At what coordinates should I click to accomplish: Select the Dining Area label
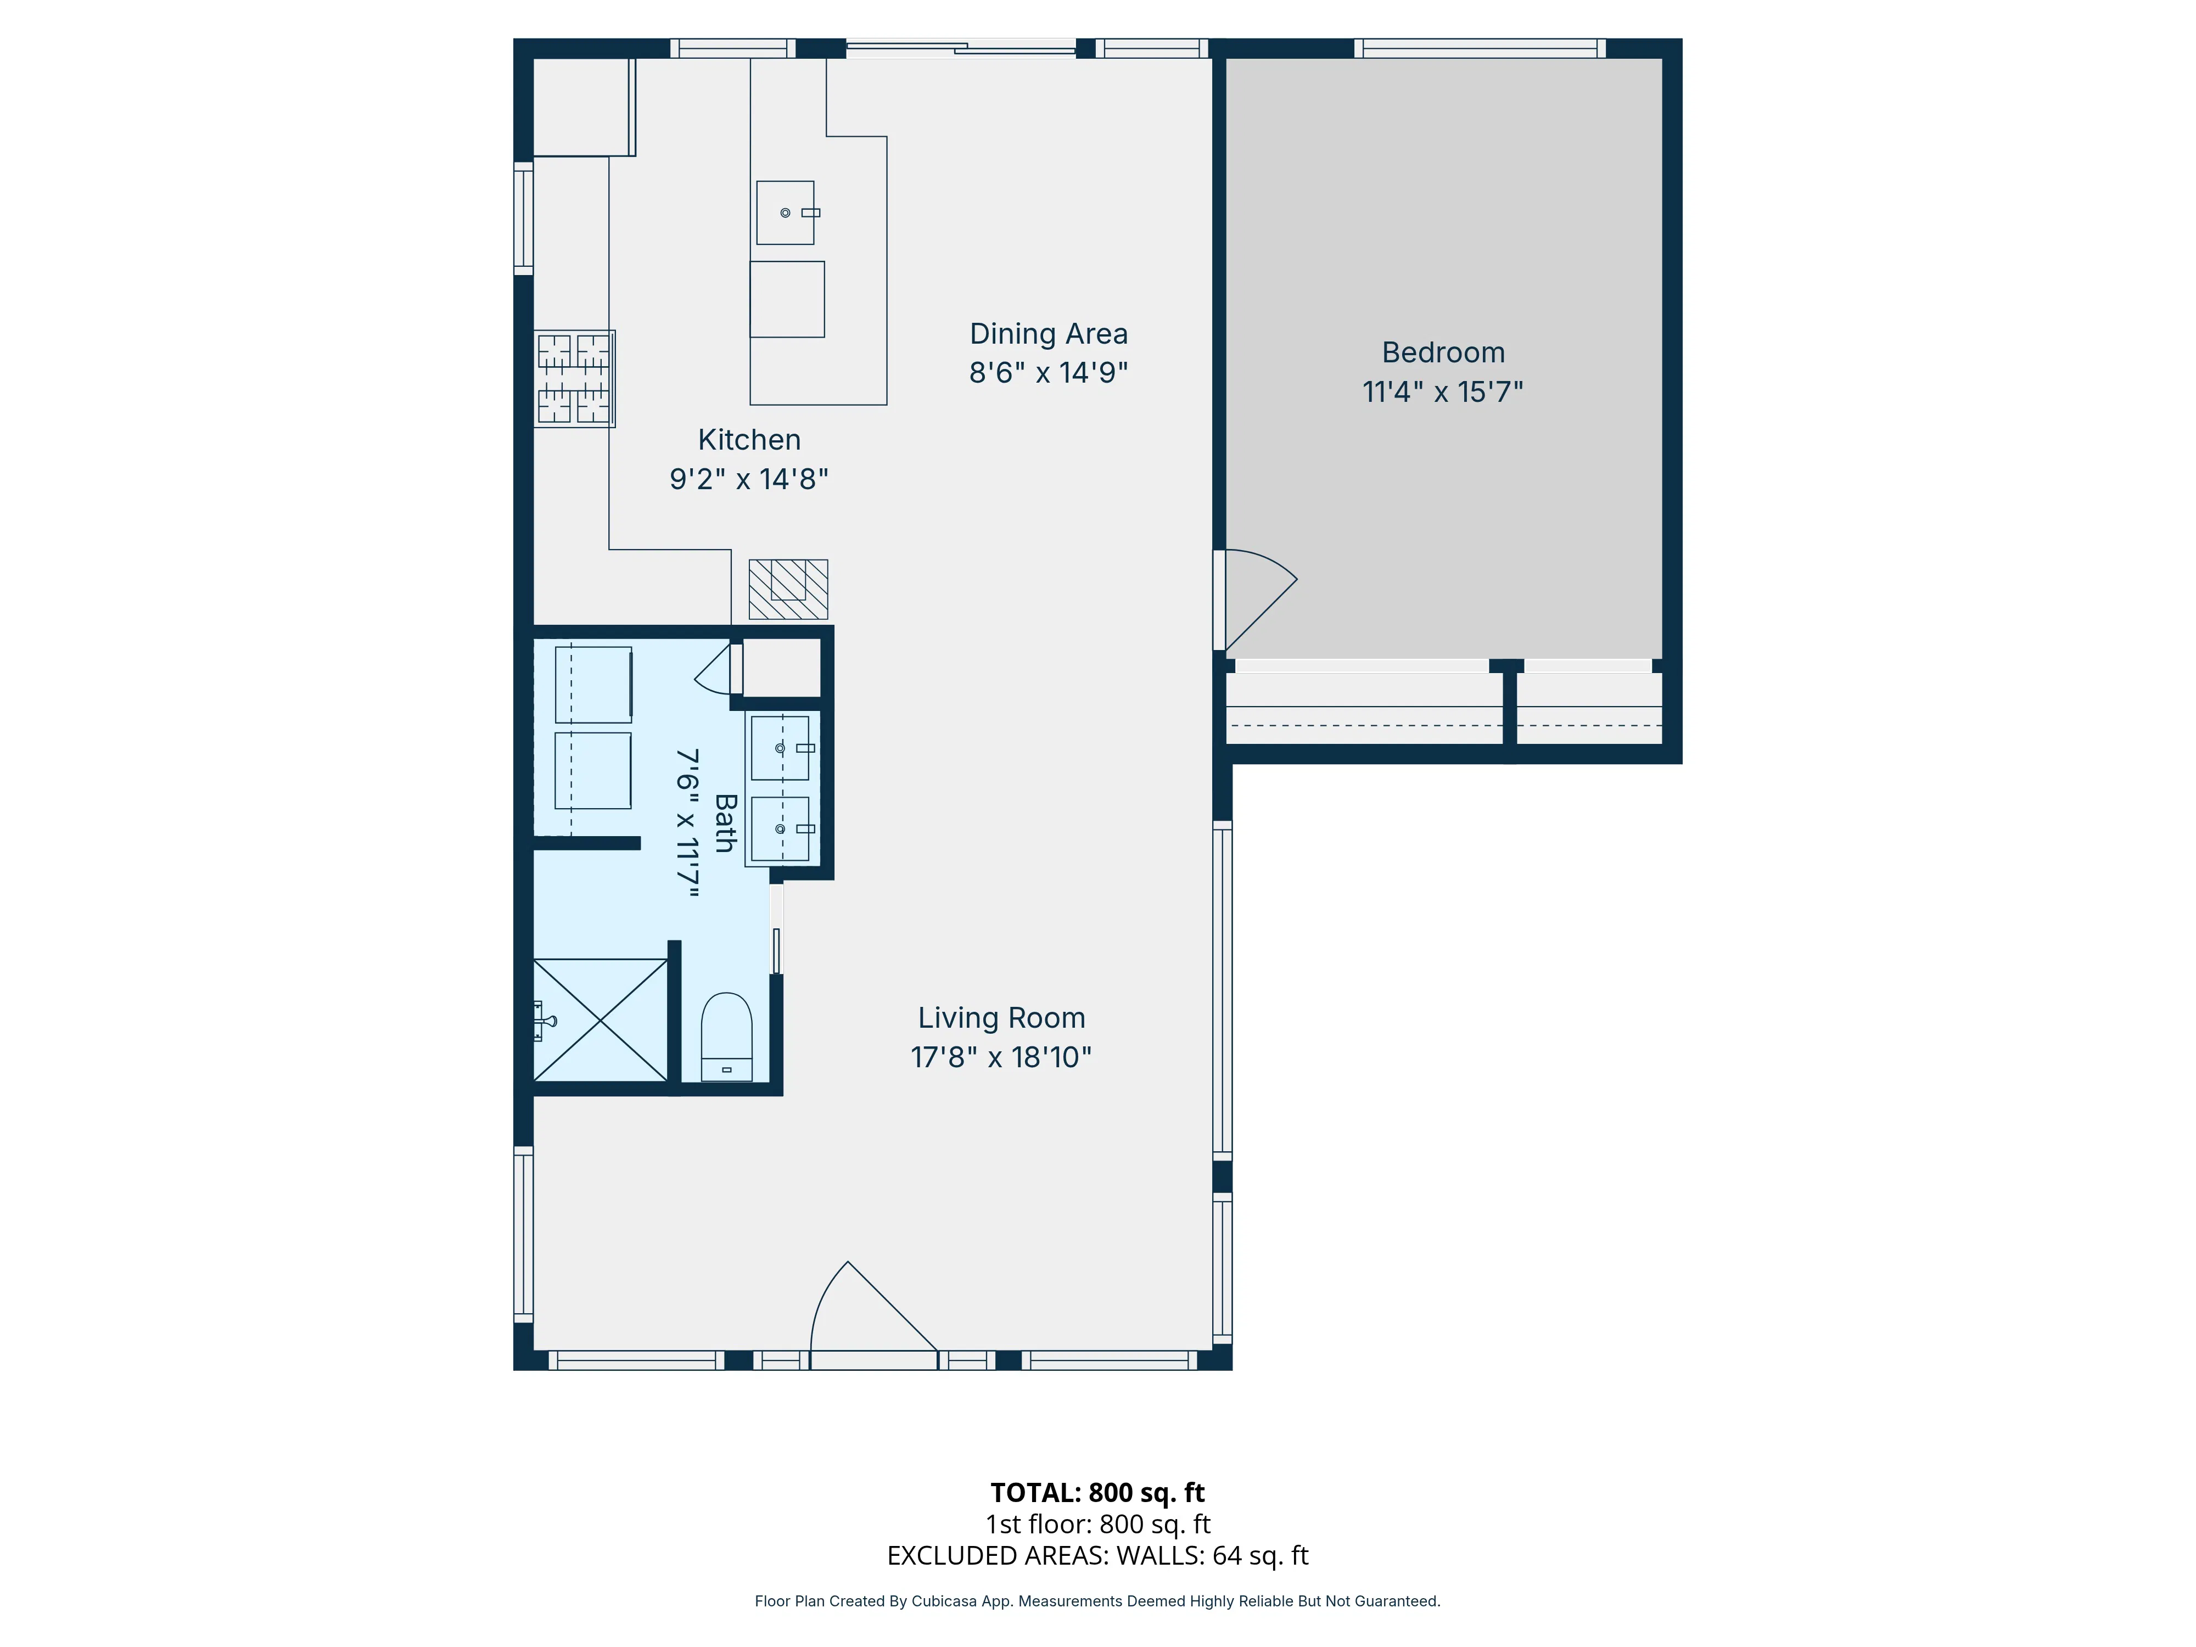(1049, 334)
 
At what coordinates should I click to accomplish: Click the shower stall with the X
(601, 1019)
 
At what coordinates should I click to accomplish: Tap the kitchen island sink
(785, 212)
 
